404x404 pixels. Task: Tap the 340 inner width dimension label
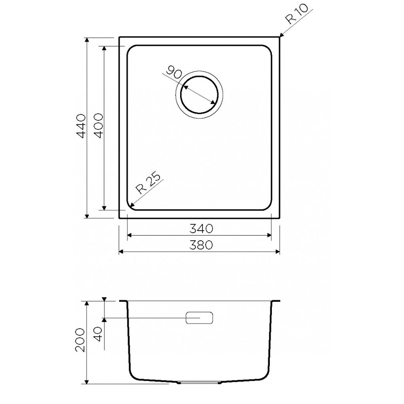(x=201, y=229)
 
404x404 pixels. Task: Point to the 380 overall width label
(x=201, y=245)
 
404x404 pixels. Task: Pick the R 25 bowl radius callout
(x=149, y=183)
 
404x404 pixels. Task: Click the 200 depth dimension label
(x=80, y=340)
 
